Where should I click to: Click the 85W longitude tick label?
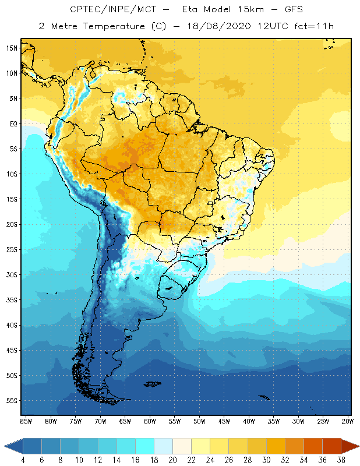(x=26, y=421)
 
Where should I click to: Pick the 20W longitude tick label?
(x=348, y=421)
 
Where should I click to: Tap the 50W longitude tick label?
(x=199, y=421)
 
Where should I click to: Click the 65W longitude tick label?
(x=125, y=421)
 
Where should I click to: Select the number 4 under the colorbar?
(x=23, y=460)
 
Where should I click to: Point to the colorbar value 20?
(x=173, y=460)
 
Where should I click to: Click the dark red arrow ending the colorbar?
(x=350, y=446)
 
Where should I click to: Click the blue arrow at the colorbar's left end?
(x=13, y=446)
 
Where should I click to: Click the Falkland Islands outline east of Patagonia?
(x=153, y=383)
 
